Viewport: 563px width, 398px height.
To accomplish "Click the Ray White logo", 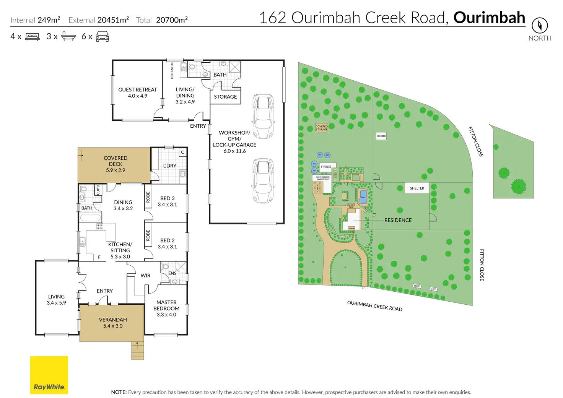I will click(49, 375).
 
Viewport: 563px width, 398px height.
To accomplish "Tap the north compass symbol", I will click(540, 26).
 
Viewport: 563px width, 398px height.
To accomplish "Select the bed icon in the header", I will click(32, 37).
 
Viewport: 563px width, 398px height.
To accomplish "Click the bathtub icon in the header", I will click(68, 37).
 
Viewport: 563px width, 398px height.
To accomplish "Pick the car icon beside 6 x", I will click(102, 37).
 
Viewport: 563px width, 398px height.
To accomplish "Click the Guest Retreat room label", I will click(138, 93).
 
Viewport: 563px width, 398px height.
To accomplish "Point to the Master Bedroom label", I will click(166, 308).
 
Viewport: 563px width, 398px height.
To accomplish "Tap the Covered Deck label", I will click(116, 164).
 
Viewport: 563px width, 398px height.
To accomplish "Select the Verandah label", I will click(113, 323).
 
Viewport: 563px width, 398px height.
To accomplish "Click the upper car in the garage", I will click(264, 116).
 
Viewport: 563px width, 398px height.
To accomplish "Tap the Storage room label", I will click(225, 97).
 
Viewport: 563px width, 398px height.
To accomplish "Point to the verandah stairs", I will click(138, 350).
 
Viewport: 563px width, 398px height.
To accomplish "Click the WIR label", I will click(145, 275).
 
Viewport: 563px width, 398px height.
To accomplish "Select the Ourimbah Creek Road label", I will click(374, 306).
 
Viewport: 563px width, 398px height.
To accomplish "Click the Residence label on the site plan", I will click(398, 220).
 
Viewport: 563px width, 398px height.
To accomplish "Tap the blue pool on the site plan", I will click(363, 196).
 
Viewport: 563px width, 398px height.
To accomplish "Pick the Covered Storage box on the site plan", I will click(322, 128).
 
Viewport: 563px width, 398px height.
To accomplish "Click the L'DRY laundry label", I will click(169, 166).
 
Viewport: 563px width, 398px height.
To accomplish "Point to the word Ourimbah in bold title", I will click(489, 18).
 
